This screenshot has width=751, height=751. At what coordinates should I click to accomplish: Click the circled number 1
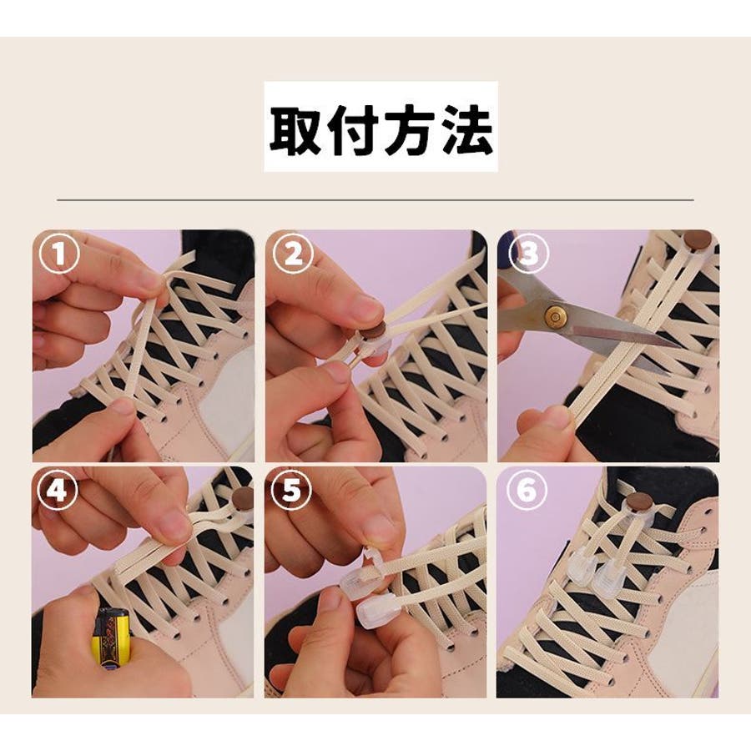[x=59, y=254]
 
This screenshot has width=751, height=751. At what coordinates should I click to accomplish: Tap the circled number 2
[x=292, y=254]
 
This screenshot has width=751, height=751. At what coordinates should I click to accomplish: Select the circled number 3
[x=528, y=254]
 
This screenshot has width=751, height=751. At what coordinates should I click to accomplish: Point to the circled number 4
[x=58, y=491]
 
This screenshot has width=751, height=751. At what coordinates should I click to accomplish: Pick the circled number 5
[x=291, y=491]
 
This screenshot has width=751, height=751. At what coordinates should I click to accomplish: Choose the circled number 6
[x=527, y=491]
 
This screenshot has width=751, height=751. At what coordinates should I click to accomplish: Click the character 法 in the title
[x=466, y=131]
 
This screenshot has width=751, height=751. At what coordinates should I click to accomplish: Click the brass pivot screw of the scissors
[x=556, y=316]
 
